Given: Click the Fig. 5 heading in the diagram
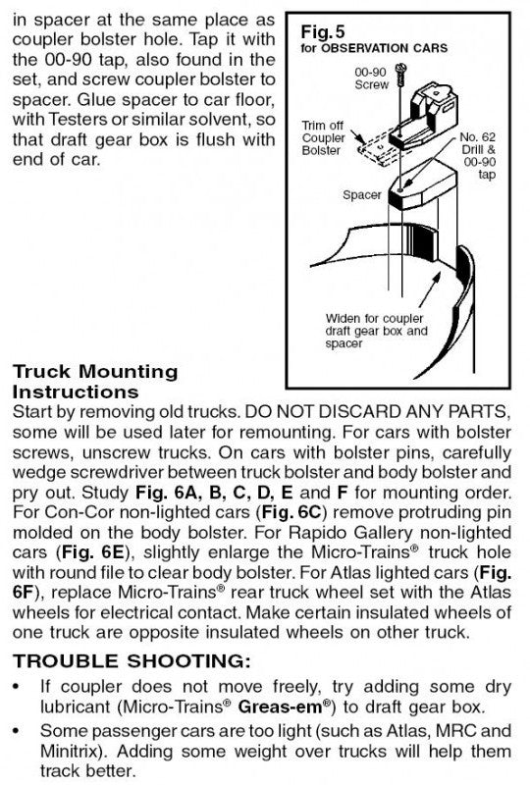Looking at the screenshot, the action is point(323,32).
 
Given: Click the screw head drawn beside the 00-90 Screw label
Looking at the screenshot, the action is point(400,67).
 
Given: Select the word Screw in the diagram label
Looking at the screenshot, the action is point(371,84).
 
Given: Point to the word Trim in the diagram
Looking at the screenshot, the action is point(314,126).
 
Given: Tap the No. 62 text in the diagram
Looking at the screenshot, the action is point(477,137).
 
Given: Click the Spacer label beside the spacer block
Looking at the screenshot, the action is point(362,194).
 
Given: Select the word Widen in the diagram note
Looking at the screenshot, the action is point(343,318).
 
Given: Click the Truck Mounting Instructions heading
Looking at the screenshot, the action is point(95,382).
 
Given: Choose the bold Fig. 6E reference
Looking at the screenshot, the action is point(92,552).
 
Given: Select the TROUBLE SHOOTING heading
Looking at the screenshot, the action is point(132,660).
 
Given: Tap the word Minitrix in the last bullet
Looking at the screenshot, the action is point(74,751).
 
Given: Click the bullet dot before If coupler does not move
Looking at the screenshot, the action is point(18,686).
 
